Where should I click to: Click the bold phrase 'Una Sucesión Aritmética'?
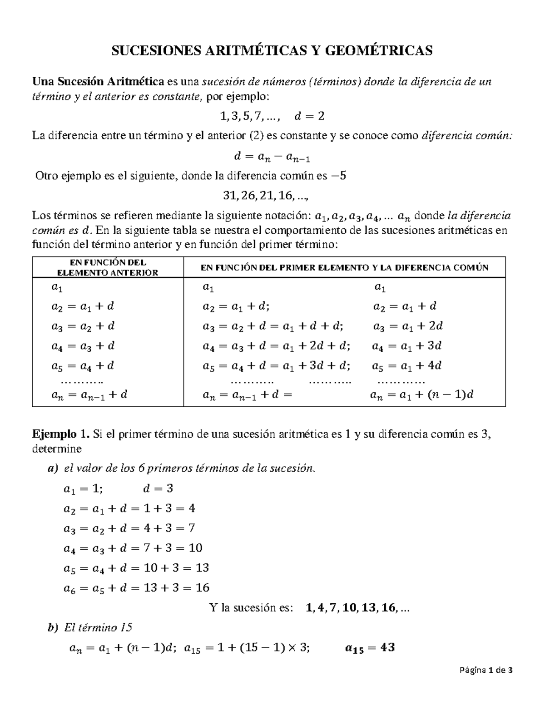click(98, 82)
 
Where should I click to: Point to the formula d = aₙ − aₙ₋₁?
click(272, 157)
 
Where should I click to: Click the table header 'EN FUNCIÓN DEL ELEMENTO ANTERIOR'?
click(107, 267)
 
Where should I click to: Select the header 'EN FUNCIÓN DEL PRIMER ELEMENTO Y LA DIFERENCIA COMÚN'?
click(344, 267)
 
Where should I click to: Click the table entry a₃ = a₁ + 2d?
click(407, 326)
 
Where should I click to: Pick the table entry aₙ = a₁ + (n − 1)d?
click(421, 394)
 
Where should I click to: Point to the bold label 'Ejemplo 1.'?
click(61, 434)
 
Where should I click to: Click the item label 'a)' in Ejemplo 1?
click(53, 468)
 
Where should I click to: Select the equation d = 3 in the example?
click(158, 489)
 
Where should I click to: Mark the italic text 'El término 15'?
click(98, 628)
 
